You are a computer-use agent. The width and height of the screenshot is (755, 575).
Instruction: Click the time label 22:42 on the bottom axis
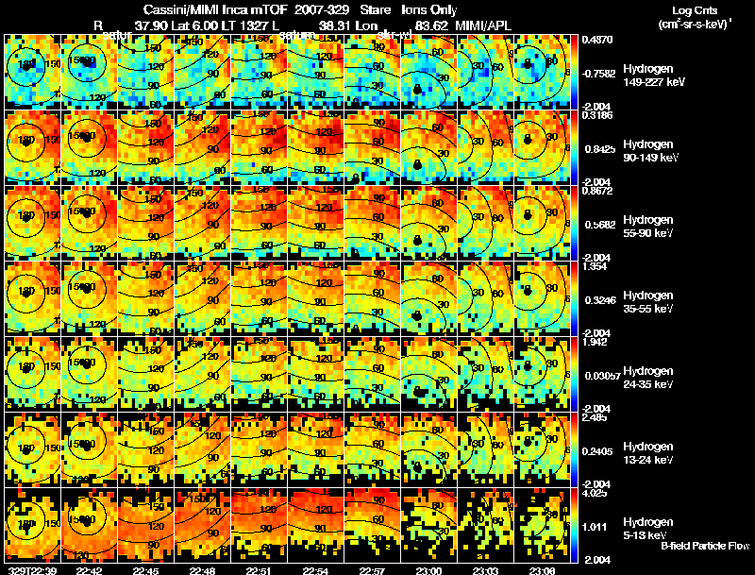(x=90, y=569)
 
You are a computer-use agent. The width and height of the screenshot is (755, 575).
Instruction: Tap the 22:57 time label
(x=373, y=569)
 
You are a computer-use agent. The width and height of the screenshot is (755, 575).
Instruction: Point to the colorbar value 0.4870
(x=597, y=40)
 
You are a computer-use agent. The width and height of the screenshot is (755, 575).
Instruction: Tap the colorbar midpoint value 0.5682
(x=597, y=224)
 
